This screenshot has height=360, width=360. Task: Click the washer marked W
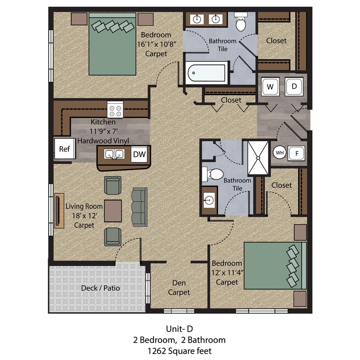270,87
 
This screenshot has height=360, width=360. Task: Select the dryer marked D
294,87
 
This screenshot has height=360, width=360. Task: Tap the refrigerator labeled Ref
64,149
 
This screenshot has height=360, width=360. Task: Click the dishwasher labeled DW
138,155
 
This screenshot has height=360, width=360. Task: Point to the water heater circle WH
279,152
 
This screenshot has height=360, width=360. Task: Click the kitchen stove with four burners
115,110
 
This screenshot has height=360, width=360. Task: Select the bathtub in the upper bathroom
206,73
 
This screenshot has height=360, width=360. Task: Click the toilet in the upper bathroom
241,22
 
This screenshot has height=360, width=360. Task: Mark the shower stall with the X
258,158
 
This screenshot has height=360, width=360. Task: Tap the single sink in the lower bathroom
209,200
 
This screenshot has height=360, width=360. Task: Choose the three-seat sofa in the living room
139,206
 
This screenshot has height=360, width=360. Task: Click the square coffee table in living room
113,210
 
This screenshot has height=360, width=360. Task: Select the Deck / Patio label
101,288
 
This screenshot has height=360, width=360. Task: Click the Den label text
179,282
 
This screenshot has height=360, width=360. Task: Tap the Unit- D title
180,329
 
